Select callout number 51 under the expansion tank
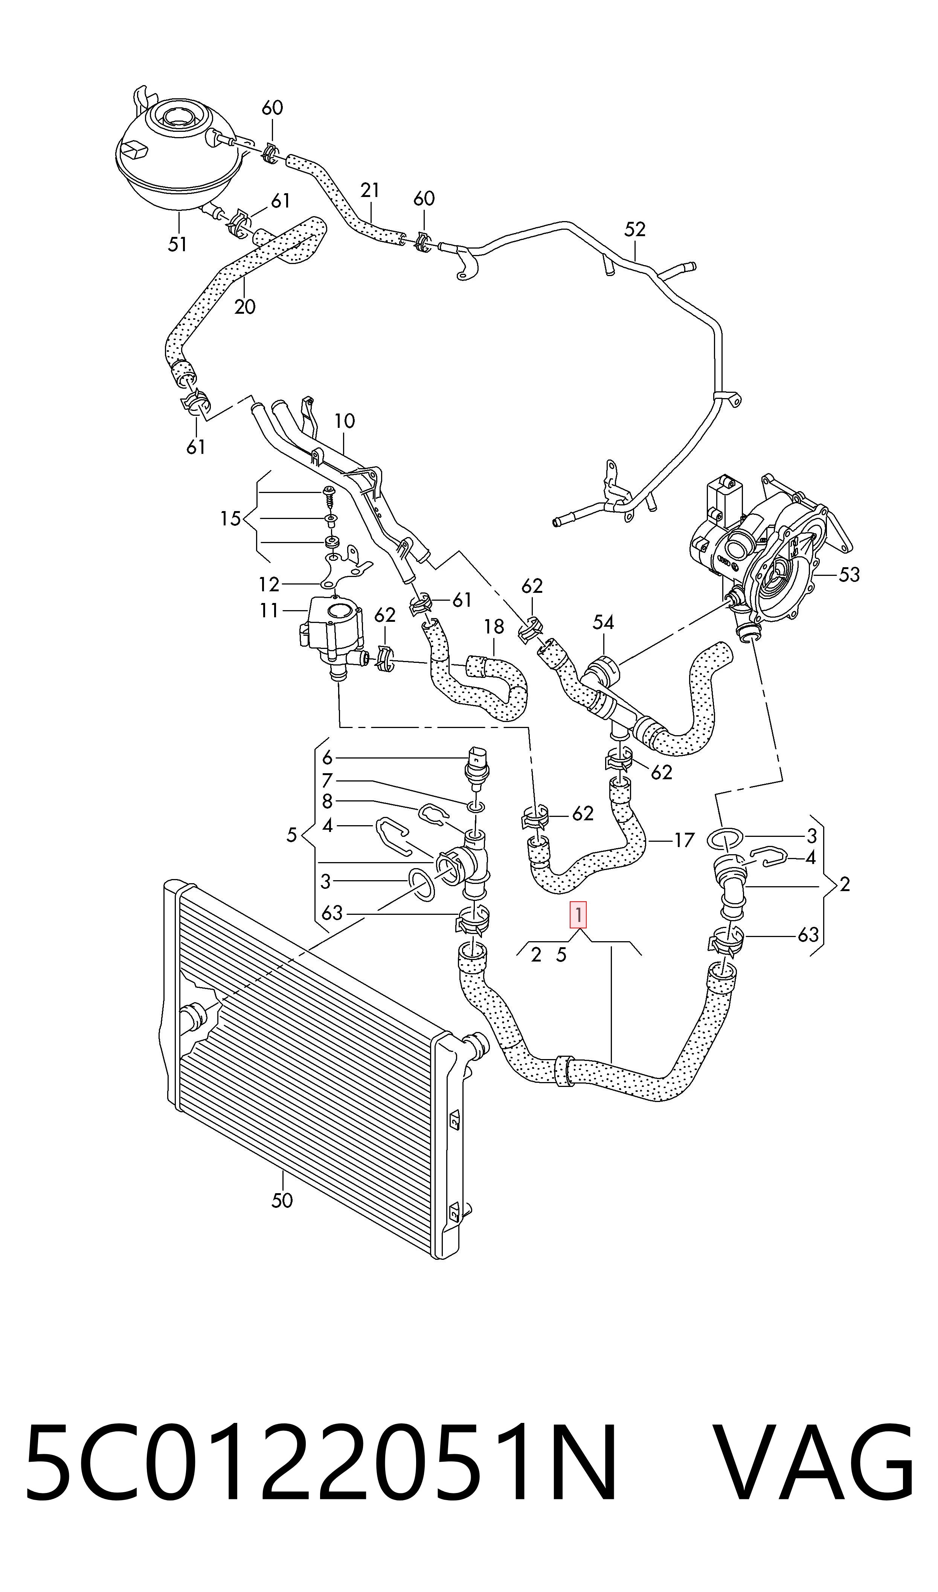coord(178,244)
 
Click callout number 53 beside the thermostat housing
coord(849,574)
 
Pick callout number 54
coord(603,623)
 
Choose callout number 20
coord(245,307)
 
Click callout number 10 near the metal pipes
coord(345,421)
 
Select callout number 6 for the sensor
coord(327,757)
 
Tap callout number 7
coord(327,780)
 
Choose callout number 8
coord(327,801)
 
